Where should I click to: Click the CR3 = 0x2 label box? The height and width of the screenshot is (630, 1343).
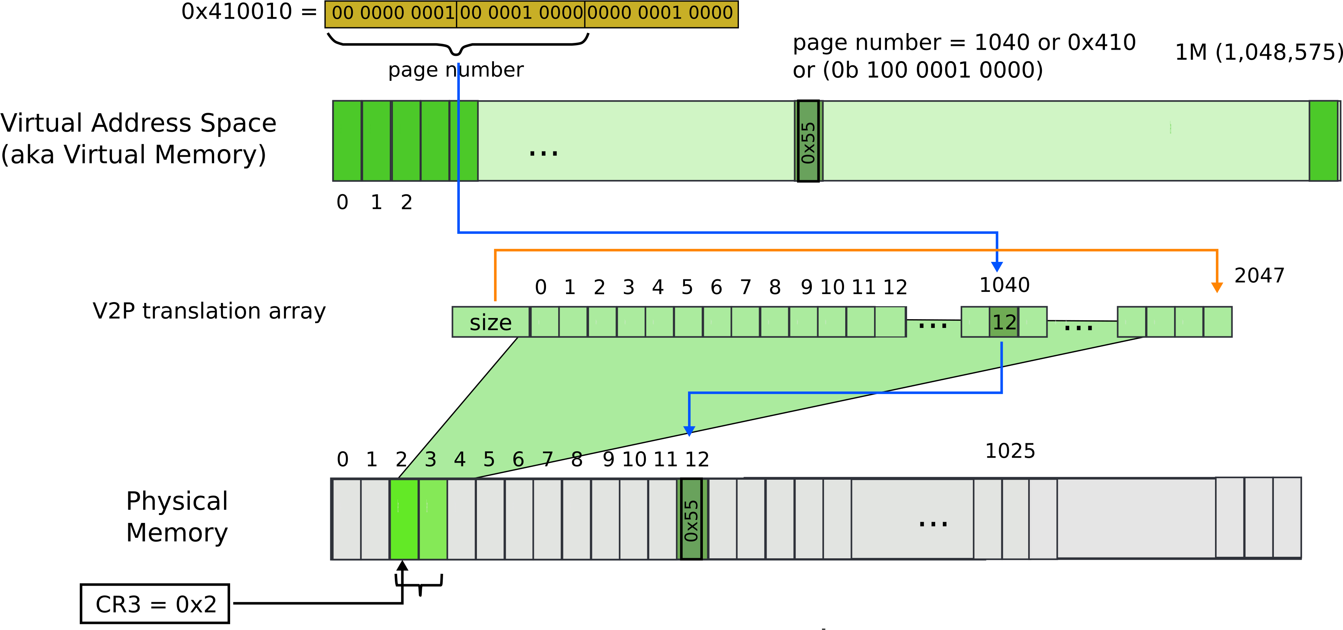(x=155, y=603)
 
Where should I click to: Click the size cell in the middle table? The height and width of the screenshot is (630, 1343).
(x=491, y=322)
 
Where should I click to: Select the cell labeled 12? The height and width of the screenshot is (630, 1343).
(x=1004, y=322)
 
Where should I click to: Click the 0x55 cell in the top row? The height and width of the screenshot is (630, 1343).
(x=808, y=141)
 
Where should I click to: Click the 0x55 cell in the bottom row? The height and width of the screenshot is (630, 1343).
(x=691, y=519)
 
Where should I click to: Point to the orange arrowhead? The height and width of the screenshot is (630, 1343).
(x=1217, y=288)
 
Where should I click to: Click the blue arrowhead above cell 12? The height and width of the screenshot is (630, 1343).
(x=997, y=267)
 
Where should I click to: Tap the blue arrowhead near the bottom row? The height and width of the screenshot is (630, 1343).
(x=689, y=431)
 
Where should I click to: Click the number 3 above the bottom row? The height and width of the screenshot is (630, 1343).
(x=430, y=459)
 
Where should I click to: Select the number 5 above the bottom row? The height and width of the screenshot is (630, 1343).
(x=489, y=459)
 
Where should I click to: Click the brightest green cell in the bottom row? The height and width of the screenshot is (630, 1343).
(x=404, y=519)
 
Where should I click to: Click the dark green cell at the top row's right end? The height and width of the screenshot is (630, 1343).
(x=1323, y=141)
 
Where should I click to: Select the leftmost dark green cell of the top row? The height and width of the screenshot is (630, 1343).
(x=347, y=141)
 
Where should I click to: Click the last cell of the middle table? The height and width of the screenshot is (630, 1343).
(x=1217, y=322)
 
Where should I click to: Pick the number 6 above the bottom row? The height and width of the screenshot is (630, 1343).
(x=518, y=459)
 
